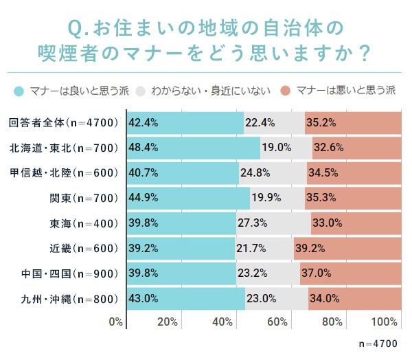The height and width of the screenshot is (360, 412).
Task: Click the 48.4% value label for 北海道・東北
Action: (144, 148)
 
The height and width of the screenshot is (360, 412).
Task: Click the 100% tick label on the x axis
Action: (387, 322)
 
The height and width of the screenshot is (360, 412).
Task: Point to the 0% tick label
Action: (116, 322)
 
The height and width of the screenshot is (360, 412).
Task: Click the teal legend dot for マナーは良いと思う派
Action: (18, 90)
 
